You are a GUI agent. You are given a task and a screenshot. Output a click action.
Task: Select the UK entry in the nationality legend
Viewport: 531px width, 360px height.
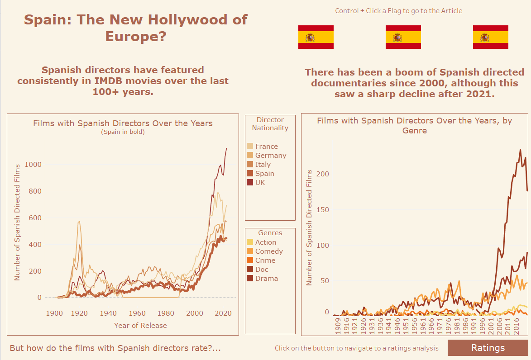point(260,183)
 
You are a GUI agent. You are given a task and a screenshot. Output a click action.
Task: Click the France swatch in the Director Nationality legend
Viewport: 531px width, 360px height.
point(250,147)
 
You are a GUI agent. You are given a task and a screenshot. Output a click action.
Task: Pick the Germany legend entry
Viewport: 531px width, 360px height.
point(270,156)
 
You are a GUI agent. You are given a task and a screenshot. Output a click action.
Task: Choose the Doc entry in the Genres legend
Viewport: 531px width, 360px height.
point(262,270)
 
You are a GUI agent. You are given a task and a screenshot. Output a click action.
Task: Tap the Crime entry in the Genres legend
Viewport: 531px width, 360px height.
point(265,261)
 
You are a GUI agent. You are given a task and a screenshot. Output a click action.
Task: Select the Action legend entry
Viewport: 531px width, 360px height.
point(265,242)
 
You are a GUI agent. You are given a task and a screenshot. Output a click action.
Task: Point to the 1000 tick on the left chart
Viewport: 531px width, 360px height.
point(33,165)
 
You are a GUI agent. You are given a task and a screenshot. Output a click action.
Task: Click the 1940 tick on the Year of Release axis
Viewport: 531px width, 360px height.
point(108,313)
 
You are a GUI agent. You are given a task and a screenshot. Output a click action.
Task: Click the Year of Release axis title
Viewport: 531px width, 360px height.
point(140,326)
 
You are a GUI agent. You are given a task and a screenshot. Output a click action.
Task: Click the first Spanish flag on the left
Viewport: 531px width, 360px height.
point(316,37)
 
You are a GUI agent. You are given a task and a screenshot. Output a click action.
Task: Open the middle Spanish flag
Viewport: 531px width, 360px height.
point(403,37)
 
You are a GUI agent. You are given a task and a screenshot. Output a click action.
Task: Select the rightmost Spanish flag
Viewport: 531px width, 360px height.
point(490,37)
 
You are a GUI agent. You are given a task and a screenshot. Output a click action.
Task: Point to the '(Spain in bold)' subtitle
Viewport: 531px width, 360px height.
point(123,132)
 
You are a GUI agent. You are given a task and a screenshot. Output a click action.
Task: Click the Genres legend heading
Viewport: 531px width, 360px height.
point(270,233)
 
